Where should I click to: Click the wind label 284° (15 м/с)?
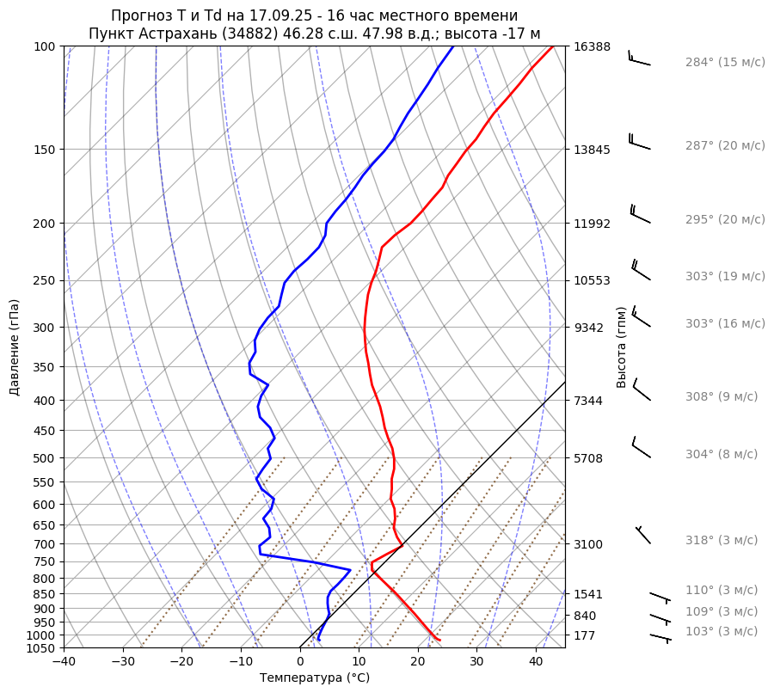725,62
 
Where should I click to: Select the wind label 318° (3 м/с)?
722,540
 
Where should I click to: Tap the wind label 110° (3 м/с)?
722,590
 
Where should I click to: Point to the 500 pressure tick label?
45,458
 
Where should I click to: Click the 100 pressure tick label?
45,46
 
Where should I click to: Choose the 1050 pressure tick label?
41,648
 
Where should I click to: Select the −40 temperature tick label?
64,662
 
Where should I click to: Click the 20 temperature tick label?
418,662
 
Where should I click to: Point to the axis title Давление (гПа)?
15,347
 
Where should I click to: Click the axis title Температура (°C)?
315,678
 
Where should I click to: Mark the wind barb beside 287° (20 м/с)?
639,141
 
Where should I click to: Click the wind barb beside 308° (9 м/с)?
642,389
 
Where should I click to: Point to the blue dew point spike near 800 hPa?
349,570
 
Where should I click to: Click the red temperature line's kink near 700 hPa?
402,545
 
